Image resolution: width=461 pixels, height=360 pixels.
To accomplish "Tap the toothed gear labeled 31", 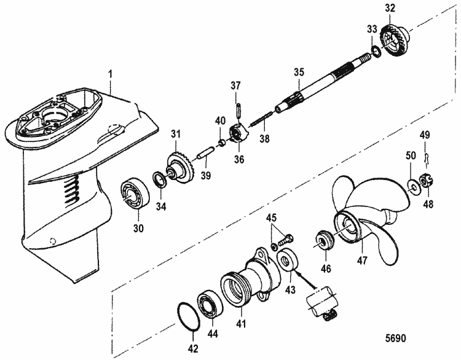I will coord(181,166).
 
